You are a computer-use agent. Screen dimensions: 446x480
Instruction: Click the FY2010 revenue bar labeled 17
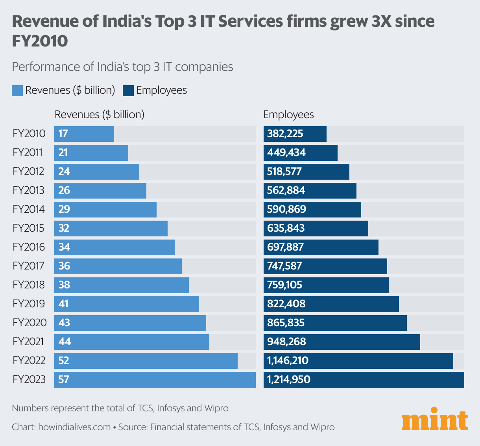(84, 134)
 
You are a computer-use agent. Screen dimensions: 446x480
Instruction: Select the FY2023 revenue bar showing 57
(155, 380)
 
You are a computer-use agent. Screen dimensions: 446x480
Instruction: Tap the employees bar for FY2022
(358, 361)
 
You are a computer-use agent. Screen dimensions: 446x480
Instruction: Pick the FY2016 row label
(29, 247)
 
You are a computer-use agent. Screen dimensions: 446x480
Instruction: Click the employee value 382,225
(285, 134)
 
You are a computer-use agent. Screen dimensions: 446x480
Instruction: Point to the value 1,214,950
(289, 380)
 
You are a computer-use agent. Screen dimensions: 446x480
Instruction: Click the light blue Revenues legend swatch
(17, 91)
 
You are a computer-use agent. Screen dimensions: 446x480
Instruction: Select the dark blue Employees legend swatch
(128, 91)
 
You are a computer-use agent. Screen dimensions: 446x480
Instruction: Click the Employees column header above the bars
(288, 115)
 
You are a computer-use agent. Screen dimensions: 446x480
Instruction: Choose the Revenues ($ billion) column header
(100, 115)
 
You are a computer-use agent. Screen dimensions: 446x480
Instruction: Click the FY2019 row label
(29, 304)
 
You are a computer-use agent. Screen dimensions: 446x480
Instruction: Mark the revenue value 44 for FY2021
(65, 342)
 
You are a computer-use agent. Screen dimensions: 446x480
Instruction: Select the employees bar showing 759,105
(326, 285)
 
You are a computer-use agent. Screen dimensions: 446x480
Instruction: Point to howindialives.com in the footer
(74, 427)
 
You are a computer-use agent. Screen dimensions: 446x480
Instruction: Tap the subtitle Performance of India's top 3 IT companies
(122, 67)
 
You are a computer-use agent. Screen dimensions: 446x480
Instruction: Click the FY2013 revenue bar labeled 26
(100, 191)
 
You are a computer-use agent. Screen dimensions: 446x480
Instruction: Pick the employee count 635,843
(286, 229)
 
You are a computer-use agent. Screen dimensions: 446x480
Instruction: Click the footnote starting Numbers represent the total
(120, 408)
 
